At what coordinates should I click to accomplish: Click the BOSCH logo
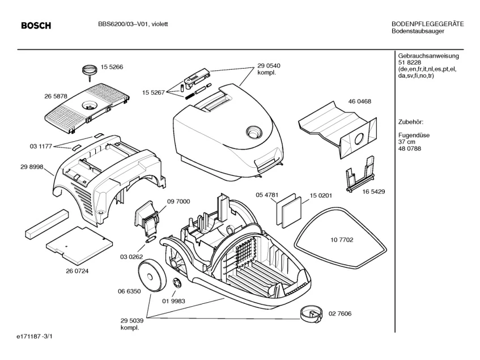tap(36, 26)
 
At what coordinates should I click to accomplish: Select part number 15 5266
tap(112, 67)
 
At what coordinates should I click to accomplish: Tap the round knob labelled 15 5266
tap(89, 70)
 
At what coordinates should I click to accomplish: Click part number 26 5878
tap(56, 96)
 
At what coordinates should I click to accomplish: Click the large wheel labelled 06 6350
tap(152, 273)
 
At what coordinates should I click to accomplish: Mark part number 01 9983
tap(174, 302)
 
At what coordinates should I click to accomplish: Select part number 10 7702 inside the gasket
tap(342, 240)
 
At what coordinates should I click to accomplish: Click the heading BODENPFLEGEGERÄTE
tap(427, 24)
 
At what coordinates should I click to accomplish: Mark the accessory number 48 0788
tap(410, 149)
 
